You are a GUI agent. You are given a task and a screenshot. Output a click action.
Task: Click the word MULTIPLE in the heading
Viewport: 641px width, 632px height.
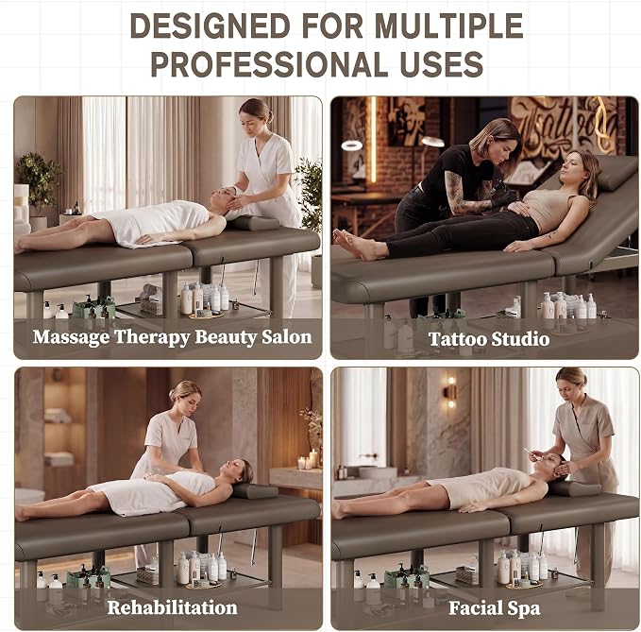tap(448, 26)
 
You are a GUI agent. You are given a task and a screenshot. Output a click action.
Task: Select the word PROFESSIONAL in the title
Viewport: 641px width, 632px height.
tap(269, 64)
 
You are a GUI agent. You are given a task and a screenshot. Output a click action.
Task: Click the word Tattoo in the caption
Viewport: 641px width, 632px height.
tap(458, 339)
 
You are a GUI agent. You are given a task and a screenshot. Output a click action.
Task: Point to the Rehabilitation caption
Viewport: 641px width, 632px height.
tap(172, 607)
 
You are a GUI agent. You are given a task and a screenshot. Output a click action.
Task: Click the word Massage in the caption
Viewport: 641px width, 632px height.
tap(71, 338)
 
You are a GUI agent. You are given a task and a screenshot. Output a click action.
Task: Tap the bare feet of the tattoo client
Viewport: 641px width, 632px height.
tap(356, 245)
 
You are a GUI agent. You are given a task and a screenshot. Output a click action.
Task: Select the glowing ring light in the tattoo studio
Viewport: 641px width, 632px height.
tap(351, 145)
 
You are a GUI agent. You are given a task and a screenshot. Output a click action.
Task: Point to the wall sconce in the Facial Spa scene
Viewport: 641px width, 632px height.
tap(450, 392)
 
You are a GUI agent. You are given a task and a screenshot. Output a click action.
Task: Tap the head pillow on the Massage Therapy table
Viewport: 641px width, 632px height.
tap(252, 223)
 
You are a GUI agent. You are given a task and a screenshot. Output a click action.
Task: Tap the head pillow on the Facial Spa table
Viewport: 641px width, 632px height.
tap(574, 488)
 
